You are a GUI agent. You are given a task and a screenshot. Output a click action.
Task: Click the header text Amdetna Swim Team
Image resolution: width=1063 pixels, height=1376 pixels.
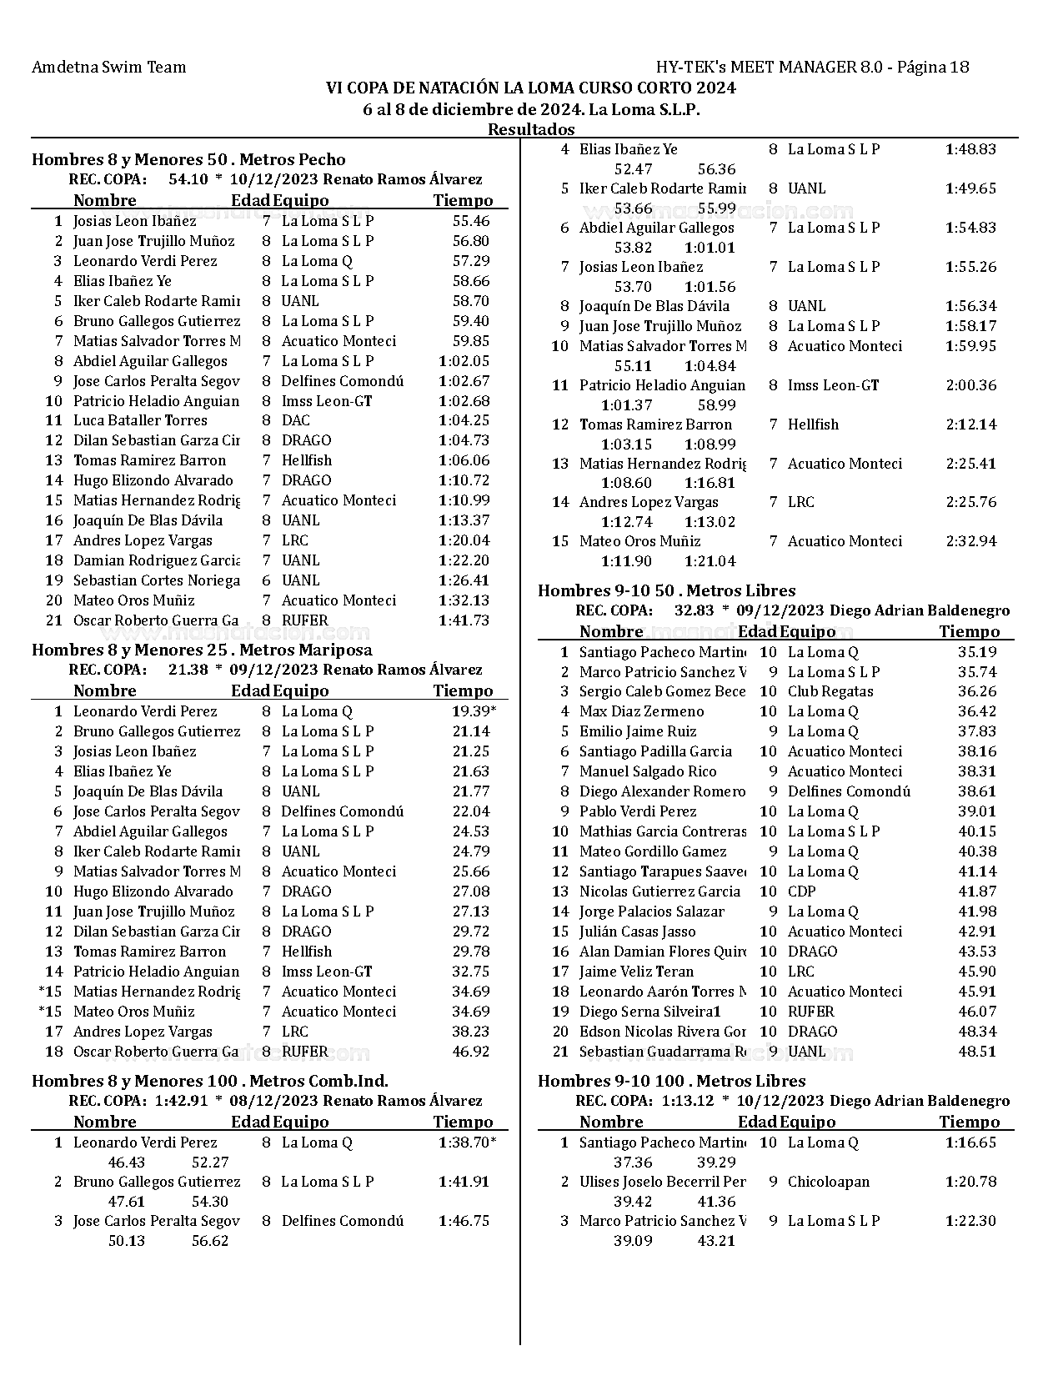(108, 68)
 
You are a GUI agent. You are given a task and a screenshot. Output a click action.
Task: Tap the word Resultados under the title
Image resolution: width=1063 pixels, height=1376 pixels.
(531, 129)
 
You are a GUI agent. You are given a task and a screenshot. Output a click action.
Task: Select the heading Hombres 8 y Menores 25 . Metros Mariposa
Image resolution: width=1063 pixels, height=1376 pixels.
(202, 650)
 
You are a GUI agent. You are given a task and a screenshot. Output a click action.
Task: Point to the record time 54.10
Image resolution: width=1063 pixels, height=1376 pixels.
(188, 179)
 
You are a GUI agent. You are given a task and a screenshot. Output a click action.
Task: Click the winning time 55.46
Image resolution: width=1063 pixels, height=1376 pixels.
(471, 221)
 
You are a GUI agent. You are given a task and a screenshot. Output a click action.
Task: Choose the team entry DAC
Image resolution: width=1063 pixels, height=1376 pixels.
(296, 420)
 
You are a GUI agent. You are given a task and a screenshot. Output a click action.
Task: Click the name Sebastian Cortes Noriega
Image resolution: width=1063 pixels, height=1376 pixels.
(156, 580)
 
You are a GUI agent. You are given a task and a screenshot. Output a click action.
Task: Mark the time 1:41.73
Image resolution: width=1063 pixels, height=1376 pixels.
(464, 620)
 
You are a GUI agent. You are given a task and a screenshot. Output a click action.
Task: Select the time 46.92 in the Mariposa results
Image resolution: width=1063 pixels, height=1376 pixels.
(471, 1052)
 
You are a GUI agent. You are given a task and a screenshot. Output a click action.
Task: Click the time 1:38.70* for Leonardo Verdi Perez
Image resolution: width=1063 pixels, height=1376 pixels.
(468, 1142)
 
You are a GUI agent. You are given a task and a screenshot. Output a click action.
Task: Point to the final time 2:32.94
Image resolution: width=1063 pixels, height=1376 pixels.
(971, 541)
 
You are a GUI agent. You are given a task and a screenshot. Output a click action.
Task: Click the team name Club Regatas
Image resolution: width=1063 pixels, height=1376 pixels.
(830, 691)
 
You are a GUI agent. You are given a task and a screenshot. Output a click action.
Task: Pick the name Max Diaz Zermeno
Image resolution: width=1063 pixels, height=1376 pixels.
(642, 711)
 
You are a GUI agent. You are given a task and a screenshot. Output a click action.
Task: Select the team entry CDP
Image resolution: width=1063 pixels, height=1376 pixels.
(802, 891)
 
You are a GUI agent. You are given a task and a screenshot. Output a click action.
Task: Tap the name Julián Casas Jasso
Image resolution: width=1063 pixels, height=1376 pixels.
(638, 932)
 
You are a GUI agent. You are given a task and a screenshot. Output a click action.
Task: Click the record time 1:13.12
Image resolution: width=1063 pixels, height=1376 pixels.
(688, 1101)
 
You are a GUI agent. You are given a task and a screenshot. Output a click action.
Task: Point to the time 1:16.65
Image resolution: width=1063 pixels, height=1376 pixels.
(971, 1142)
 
